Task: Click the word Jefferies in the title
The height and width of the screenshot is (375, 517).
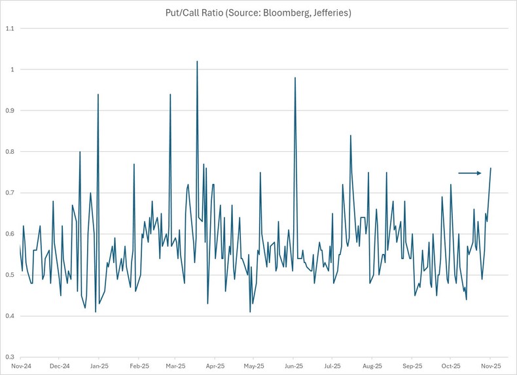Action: [330, 13]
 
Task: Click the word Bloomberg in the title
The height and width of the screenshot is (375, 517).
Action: [280, 13]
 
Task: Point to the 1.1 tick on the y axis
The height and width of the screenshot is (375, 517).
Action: [9, 28]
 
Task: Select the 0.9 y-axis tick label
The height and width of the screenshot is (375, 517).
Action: [9, 111]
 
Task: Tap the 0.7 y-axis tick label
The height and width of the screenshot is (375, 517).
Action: [9, 193]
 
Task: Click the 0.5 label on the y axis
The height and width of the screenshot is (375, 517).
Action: [9, 275]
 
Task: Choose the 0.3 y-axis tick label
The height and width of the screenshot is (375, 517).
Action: [9, 357]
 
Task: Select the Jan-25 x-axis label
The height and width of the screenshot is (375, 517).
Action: [99, 366]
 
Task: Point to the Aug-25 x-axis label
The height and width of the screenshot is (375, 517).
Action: [372, 366]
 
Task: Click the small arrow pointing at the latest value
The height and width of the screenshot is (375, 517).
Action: [469, 173]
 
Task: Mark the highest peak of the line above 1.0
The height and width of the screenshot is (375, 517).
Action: [197, 62]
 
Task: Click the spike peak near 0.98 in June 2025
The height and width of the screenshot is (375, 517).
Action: [295, 78]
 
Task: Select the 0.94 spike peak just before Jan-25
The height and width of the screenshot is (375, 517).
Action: [98, 94]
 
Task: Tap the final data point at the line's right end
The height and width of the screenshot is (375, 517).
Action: [491, 168]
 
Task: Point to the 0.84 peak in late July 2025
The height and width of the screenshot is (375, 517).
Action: [351, 135]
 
